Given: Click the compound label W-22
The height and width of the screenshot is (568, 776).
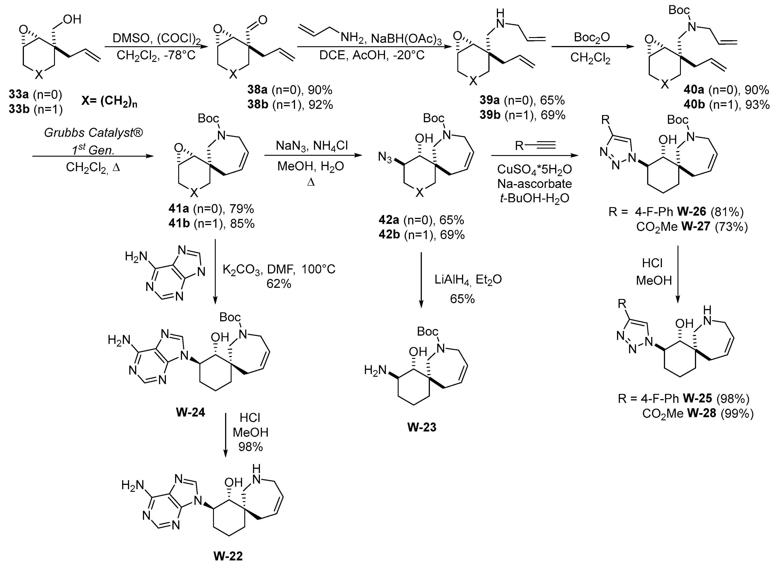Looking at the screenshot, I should click(x=228, y=556).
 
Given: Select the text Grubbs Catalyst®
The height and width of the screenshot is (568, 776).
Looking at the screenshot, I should click(x=93, y=133).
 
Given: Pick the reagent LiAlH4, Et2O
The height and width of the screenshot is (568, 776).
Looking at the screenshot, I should click(x=468, y=280).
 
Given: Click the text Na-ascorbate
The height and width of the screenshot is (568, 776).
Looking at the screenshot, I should click(x=535, y=184).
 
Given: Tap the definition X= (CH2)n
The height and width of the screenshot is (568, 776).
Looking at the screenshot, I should click(x=109, y=102).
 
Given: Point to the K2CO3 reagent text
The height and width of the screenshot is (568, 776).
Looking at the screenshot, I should click(x=242, y=269).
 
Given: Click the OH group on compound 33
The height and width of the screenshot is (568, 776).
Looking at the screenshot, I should click(x=72, y=20).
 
